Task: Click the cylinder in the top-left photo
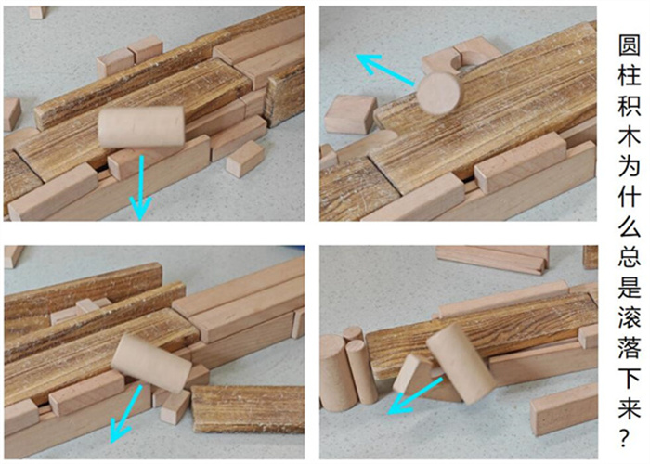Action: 141,127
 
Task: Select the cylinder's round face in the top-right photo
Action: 438,94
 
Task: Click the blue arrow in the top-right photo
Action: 385,70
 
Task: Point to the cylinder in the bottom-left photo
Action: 151,364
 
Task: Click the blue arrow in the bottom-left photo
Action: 125,414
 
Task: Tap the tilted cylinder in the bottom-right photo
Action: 461,364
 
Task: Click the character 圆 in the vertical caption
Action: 630,45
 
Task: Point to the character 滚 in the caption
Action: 630,318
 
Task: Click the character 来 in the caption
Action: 630,408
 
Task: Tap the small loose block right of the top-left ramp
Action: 245,159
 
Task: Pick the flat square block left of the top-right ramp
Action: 350,114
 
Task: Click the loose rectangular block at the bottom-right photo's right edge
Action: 564,409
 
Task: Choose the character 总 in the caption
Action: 630,258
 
